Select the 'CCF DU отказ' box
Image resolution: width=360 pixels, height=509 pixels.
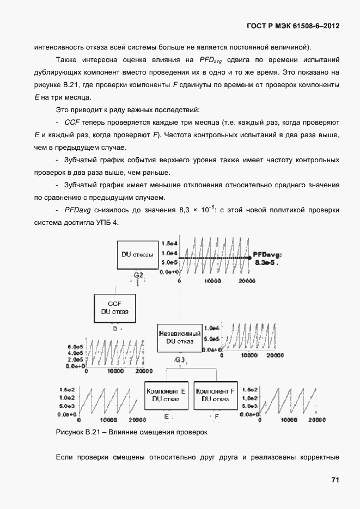114,307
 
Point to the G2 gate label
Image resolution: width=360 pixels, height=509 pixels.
138,275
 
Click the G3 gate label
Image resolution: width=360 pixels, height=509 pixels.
180,360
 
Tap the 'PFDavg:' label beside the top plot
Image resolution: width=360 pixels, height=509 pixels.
267,254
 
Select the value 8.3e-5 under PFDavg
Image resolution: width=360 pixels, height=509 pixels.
266,262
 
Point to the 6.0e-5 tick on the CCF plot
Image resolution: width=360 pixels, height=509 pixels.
75,346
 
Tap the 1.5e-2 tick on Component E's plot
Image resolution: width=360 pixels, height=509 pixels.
67,390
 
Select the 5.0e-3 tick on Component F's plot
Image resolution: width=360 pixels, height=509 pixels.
248,406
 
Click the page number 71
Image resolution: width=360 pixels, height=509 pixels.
335,480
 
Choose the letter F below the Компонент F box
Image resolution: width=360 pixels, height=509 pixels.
216,417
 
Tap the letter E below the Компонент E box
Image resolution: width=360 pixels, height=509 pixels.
167,417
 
